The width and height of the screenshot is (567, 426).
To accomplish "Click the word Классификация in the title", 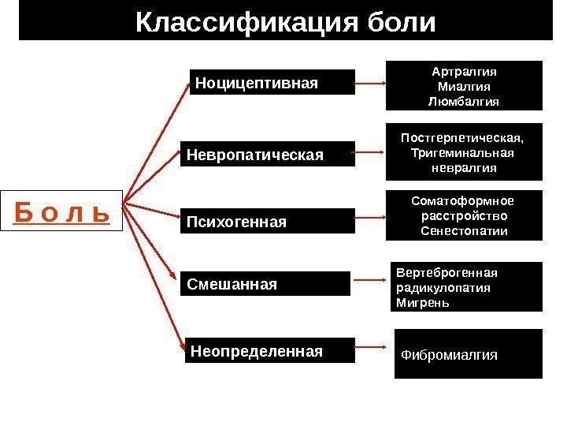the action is [x=236, y=22].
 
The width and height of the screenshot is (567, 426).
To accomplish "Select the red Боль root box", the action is [x=62, y=211].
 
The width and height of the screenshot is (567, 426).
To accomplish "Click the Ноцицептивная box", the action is [x=272, y=81].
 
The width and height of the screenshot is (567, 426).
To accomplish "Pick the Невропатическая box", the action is [x=268, y=155].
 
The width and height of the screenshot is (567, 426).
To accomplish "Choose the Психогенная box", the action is [x=268, y=222].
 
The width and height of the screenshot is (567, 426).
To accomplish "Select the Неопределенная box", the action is [x=270, y=349].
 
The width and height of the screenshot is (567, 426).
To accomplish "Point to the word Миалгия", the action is [x=464, y=86].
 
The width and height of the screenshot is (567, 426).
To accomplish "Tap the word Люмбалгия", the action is [x=464, y=102].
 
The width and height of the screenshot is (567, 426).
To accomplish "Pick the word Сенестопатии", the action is [x=464, y=231].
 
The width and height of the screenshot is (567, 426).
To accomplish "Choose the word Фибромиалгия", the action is [x=450, y=355].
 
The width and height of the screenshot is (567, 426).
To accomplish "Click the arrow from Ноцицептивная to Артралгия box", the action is [x=370, y=81].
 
